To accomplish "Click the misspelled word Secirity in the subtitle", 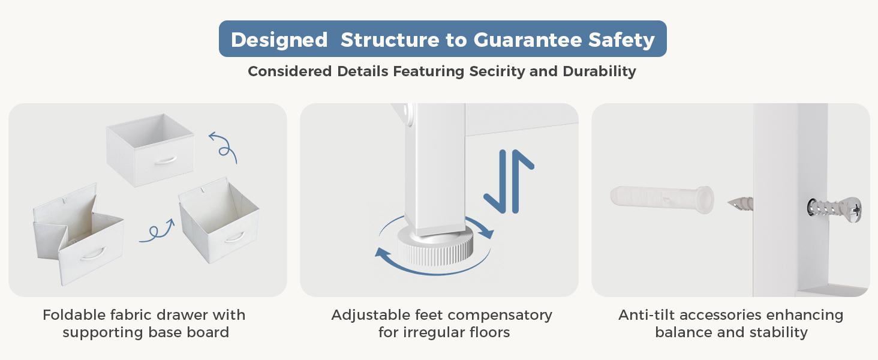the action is (x=497, y=71).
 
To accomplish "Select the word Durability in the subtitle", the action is (x=599, y=71).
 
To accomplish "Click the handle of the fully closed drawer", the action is (x=166, y=160).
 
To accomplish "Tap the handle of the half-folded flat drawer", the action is (x=92, y=253).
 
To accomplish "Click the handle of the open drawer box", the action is (x=234, y=237).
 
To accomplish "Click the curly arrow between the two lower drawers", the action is (x=157, y=232).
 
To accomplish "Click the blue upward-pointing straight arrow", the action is (x=516, y=181).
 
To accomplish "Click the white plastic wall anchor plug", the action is (x=662, y=200).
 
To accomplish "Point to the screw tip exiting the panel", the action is (x=739, y=203).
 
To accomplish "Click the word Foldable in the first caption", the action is (x=74, y=315).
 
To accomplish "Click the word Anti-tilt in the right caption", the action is (x=646, y=315).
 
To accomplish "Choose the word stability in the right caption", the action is (x=778, y=332).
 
